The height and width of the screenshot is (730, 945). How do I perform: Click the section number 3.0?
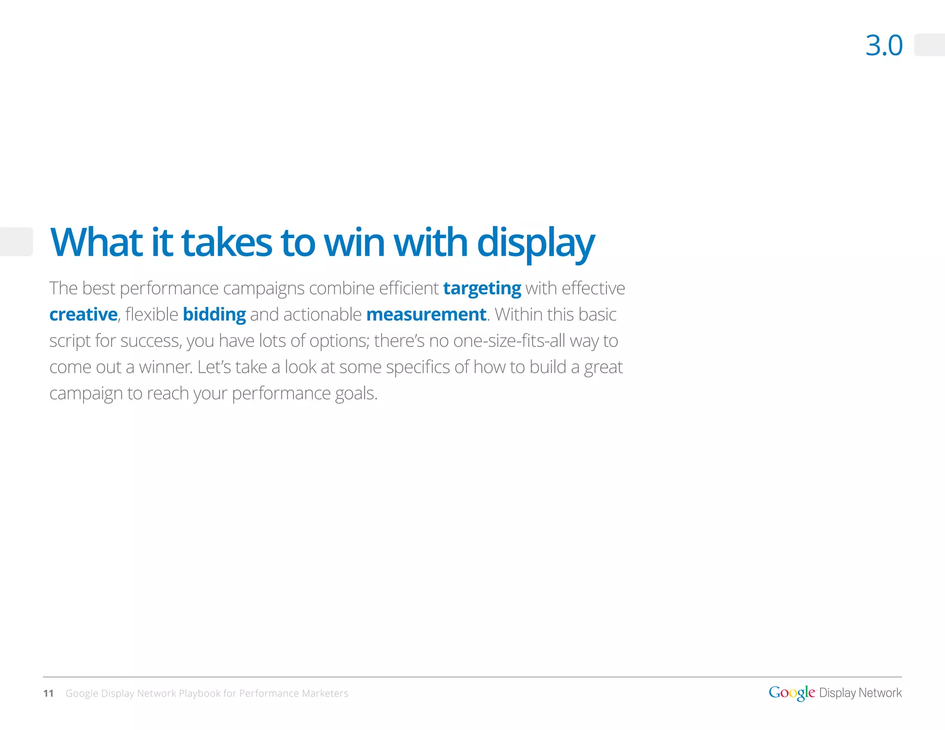[884, 46]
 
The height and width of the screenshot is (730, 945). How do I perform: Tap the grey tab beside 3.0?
[929, 45]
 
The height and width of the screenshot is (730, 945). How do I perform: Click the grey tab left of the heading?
[16, 241]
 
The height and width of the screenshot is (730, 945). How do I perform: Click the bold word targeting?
[482, 288]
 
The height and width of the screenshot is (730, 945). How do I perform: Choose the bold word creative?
[83, 315]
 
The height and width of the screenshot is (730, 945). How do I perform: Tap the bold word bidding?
[214, 315]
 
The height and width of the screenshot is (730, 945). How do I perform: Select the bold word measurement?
[426, 315]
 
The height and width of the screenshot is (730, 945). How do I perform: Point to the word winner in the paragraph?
[166, 367]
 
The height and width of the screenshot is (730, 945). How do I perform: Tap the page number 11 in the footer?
[48, 693]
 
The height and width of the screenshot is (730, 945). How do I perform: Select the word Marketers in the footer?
[325, 693]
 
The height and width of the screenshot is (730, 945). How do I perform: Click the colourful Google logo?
[791, 693]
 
